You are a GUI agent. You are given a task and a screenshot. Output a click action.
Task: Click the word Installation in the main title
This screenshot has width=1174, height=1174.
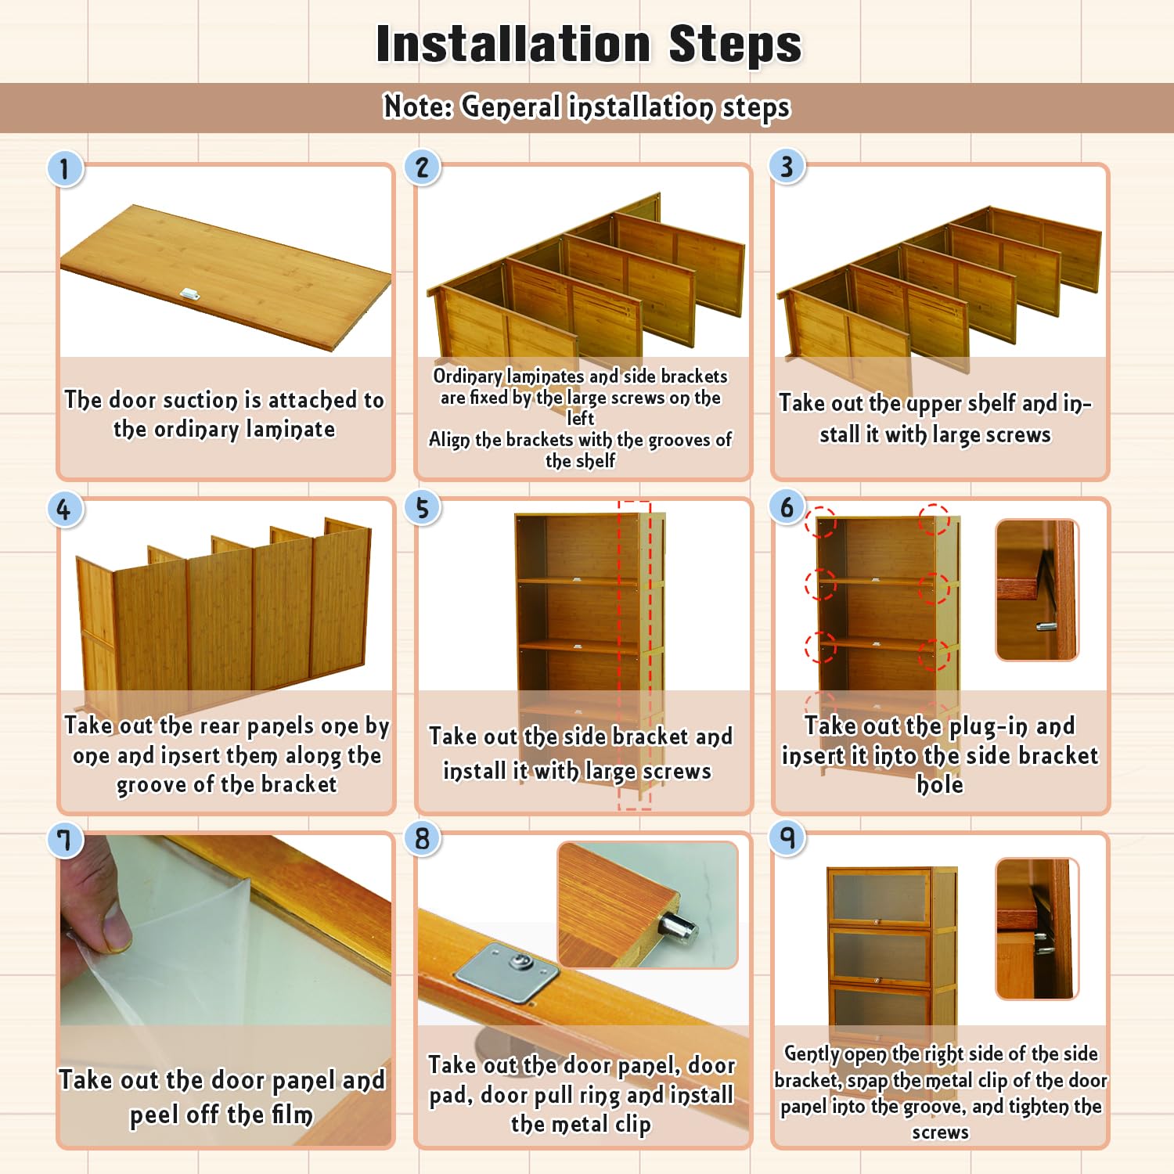513,44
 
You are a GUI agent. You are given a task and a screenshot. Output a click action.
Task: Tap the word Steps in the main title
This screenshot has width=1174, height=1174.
735,45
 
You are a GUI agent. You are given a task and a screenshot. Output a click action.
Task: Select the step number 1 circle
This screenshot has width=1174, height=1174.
65,168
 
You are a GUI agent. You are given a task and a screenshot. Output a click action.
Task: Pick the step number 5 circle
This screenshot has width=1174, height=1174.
423,508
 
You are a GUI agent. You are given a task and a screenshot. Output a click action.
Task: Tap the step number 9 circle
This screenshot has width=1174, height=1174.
787,838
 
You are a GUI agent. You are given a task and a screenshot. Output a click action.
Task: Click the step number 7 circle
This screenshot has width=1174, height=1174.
65,841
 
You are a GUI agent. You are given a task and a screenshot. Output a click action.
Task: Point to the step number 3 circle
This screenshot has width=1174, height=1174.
787,166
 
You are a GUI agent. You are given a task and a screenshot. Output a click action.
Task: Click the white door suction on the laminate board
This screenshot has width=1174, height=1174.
189,294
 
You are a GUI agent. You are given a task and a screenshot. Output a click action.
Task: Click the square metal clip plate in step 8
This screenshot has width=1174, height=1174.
507,973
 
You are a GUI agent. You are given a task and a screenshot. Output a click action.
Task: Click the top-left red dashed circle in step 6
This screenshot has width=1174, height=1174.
821,521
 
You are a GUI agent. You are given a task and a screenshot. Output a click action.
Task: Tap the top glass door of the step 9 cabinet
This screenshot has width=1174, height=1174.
880,897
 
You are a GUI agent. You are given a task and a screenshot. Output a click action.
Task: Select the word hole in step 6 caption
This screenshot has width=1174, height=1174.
939,785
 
